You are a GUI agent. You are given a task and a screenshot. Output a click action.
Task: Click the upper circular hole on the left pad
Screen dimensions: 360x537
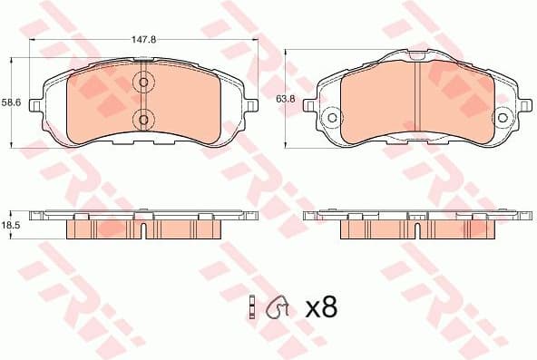click(x=142, y=83)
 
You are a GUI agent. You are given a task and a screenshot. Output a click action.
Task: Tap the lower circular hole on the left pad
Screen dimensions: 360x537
click(x=142, y=118)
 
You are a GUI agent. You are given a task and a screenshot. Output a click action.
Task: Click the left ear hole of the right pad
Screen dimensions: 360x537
click(x=332, y=118)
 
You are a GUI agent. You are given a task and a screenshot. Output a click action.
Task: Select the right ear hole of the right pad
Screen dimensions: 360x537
click(x=503, y=118)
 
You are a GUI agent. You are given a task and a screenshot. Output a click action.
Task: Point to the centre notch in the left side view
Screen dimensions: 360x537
click(x=143, y=218)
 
